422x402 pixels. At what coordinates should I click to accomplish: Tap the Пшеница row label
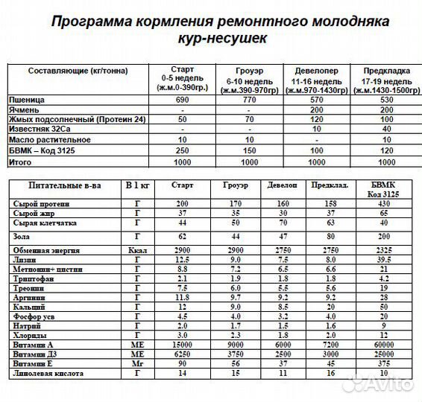pyautogui.click(x=27, y=98)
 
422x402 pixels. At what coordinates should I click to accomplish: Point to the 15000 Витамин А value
pyautogui.click(x=182, y=345)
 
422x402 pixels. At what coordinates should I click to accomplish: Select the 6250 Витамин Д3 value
pyautogui.click(x=182, y=354)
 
